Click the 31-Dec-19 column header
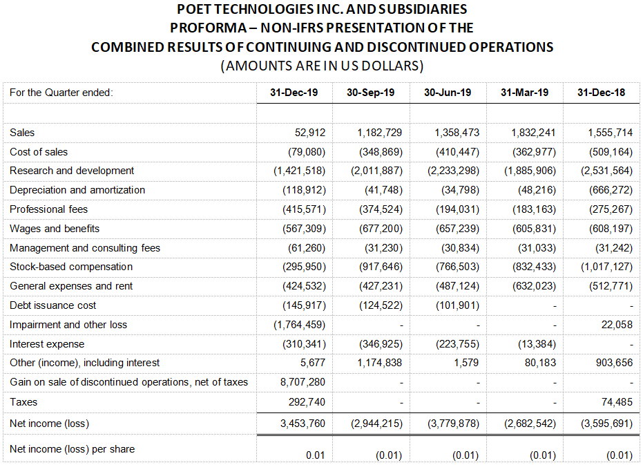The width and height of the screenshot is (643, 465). [294, 93]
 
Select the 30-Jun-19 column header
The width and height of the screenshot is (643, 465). [448, 93]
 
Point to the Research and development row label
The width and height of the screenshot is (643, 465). [72, 171]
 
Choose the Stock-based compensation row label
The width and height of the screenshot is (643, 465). [71, 267]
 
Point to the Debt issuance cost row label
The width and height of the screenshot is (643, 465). [53, 305]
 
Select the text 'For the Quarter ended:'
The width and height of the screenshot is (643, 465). [61, 93]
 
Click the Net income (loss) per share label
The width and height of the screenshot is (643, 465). [73, 449]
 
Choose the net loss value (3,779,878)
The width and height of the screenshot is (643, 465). [453, 424]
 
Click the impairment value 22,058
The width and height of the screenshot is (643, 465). [615, 325]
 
